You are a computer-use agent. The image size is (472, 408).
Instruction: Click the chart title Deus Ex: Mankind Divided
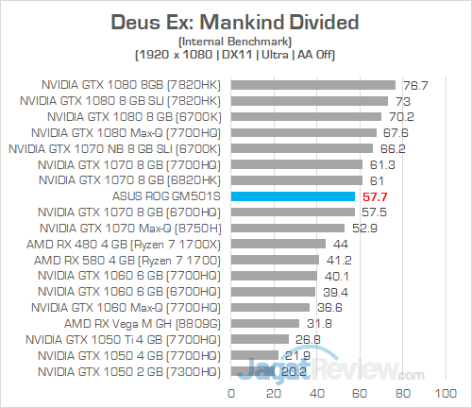click(x=236, y=21)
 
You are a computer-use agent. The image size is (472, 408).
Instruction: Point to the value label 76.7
click(x=415, y=84)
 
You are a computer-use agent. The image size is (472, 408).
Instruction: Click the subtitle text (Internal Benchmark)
click(x=236, y=41)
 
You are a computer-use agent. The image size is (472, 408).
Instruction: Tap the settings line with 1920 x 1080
click(x=236, y=55)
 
